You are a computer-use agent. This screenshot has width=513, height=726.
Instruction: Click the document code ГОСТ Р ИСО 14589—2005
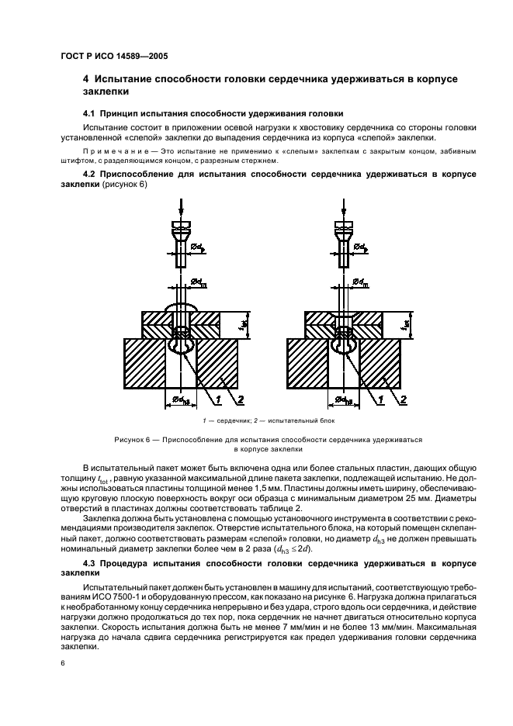(x=114, y=55)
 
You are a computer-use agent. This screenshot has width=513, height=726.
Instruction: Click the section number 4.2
(x=91, y=173)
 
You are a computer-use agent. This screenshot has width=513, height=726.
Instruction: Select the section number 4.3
(x=91, y=560)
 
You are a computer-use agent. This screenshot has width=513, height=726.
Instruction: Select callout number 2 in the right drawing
(x=403, y=399)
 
